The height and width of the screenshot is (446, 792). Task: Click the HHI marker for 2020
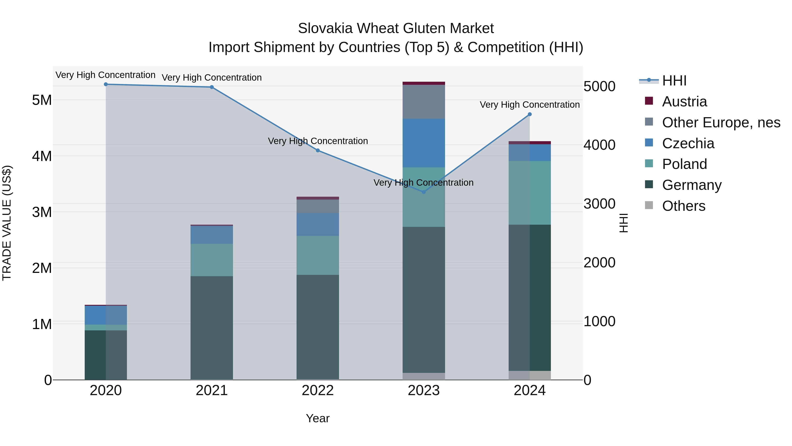pos(106,84)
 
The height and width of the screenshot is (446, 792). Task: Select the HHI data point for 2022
pos(318,150)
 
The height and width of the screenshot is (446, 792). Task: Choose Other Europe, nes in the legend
pos(721,122)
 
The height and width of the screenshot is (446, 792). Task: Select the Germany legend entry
pos(691,185)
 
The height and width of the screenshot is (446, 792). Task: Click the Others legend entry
pos(684,206)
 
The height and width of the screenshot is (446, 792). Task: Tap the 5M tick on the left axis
pos(42,100)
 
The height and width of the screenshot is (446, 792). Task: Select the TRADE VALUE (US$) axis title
pos(7,223)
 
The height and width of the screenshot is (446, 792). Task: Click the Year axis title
pos(318,418)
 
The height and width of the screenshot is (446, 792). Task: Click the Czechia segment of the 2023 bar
pos(424,143)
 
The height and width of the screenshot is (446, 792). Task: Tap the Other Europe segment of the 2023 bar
pos(424,102)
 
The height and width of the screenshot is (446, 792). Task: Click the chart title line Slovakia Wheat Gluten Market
pos(396,28)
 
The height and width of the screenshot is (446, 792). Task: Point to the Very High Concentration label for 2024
pos(530,105)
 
